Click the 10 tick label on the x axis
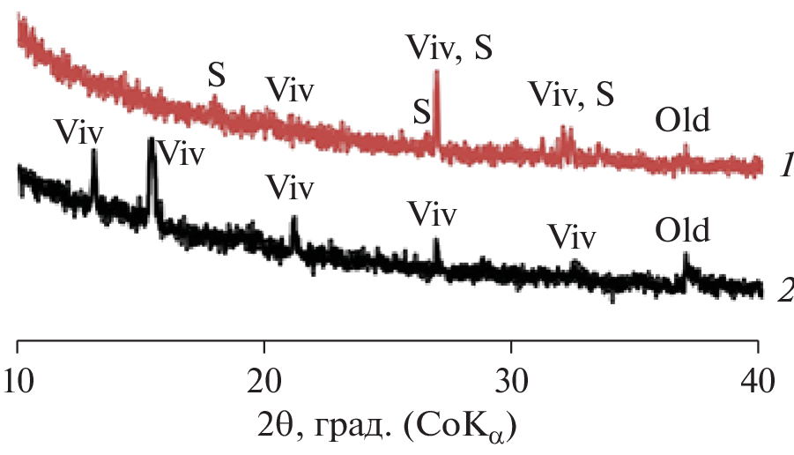pyautogui.click(x=19, y=381)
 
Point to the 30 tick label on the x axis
pyautogui.click(x=511, y=381)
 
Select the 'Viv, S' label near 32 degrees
pyautogui.click(x=571, y=93)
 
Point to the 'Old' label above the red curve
pyautogui.click(x=682, y=117)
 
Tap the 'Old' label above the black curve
pyautogui.click(x=682, y=231)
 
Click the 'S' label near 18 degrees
pyautogui.click(x=216, y=76)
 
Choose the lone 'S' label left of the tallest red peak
pyautogui.click(x=423, y=112)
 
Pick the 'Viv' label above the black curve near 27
pyautogui.click(x=432, y=213)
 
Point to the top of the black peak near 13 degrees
pyautogui.click(x=94, y=151)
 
